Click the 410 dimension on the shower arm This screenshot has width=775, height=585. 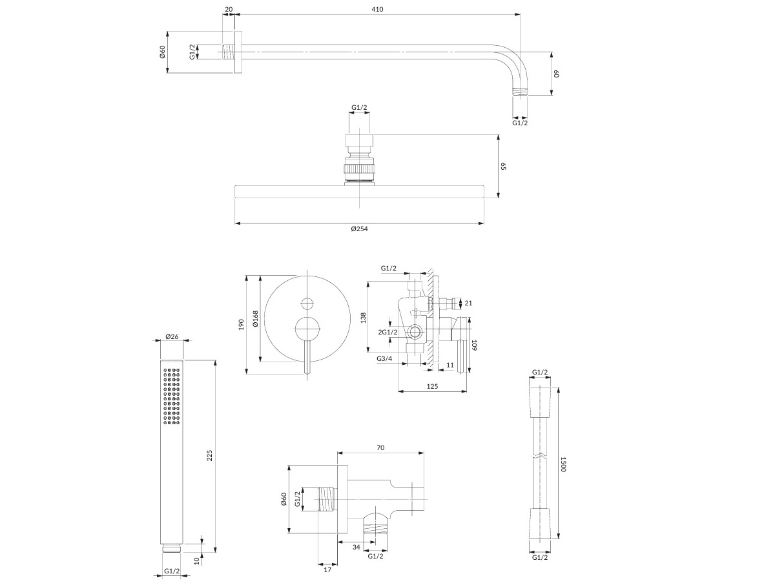click(377, 10)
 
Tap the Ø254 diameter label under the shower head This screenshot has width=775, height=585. click(360, 229)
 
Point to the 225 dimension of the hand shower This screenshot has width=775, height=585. click(210, 455)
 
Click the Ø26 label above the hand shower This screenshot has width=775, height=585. click(172, 336)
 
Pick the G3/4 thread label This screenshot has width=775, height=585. click(384, 359)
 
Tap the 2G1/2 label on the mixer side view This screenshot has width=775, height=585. click(387, 332)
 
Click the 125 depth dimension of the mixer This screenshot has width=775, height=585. click(432, 386)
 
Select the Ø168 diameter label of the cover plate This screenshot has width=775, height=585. click(256, 318)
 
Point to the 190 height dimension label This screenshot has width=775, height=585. click(241, 325)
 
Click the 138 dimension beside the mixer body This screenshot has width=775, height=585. click(364, 318)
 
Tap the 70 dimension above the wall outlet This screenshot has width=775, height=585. click(380, 447)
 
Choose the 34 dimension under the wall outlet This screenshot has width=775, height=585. click(356, 548)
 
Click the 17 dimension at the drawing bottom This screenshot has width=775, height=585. click(327, 570)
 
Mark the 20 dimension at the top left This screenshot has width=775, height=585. click(229, 9)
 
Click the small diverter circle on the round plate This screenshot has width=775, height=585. click(307, 303)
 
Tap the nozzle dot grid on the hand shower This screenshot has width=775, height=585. click(172, 396)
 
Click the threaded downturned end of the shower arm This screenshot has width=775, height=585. click(520, 91)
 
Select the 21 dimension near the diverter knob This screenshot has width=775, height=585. click(468, 303)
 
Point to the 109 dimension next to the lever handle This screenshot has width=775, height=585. click(474, 345)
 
